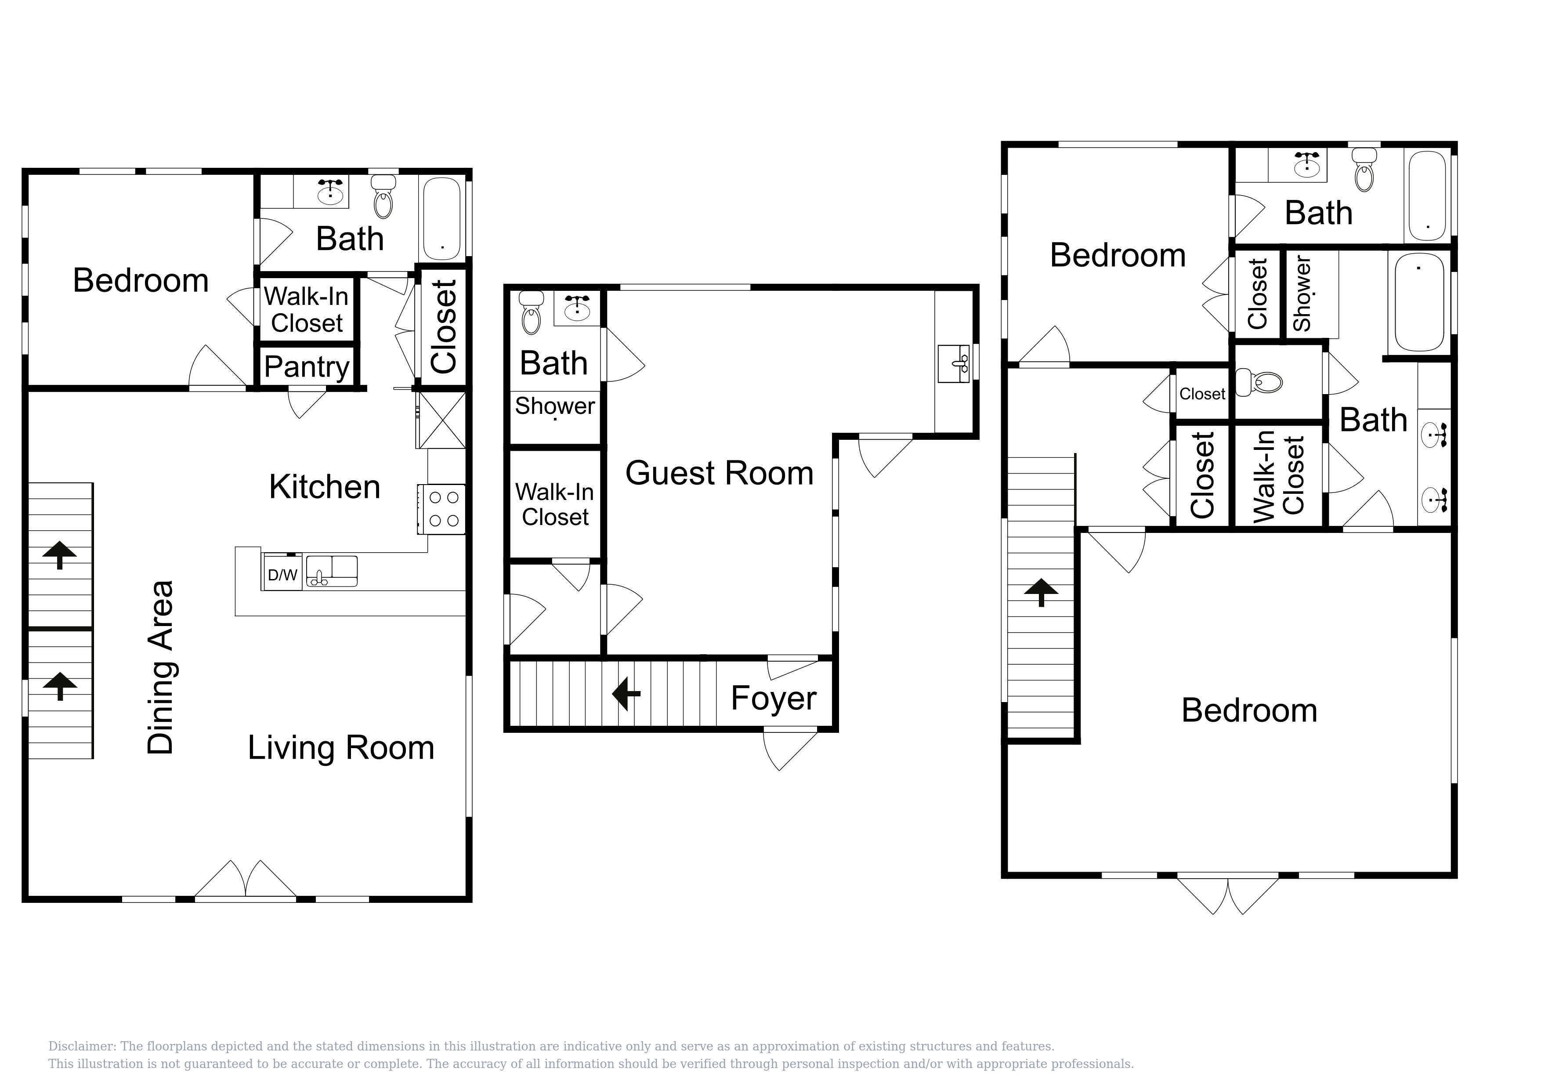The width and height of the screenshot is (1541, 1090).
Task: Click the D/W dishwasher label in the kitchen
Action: [282, 575]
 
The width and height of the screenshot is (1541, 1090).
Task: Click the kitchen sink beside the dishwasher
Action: [332, 571]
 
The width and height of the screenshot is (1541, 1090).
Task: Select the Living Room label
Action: [341, 748]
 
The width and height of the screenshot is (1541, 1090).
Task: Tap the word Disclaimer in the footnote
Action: [81, 1047]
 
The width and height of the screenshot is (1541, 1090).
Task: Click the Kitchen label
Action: [325, 487]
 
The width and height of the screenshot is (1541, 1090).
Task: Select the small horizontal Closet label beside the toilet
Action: [1202, 394]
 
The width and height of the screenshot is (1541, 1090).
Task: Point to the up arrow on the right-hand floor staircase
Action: [1041, 592]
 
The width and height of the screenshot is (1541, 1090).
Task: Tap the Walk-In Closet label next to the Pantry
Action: [307, 309]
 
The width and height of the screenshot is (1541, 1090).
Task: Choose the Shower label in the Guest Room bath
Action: [555, 406]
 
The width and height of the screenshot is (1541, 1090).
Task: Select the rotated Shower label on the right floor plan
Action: [1302, 293]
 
